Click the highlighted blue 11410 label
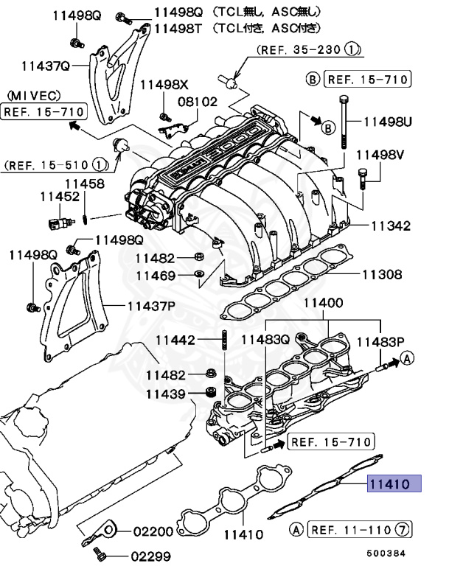pos(394,483)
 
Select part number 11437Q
pos(45,66)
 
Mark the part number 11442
pos(175,340)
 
